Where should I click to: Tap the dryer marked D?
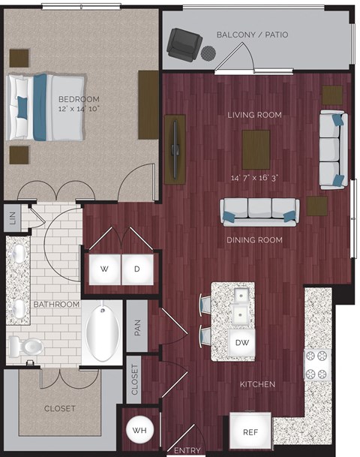(136, 268)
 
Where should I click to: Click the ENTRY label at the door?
(187, 450)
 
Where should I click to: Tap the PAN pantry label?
(136, 328)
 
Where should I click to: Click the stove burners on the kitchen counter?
(316, 364)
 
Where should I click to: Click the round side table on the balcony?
(208, 53)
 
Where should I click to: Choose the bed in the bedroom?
(45, 106)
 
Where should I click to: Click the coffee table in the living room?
(256, 146)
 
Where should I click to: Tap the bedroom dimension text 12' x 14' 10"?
(79, 109)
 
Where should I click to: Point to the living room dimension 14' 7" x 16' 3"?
(255, 179)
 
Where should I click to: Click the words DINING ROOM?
(254, 240)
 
